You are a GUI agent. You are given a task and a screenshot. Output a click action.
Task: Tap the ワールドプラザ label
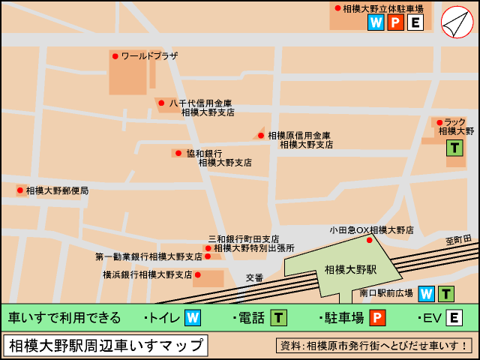(x=149, y=56)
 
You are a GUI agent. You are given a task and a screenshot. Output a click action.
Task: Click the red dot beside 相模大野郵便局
(x=20, y=190)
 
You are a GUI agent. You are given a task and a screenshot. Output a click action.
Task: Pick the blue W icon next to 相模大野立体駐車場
(x=376, y=22)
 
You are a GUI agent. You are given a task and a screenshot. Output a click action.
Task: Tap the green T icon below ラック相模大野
(x=454, y=148)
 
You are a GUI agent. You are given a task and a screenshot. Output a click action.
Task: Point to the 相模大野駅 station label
(x=350, y=268)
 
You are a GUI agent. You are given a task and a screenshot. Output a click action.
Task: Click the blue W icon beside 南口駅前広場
(x=426, y=293)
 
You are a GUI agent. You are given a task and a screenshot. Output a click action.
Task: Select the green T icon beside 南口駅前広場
(x=446, y=293)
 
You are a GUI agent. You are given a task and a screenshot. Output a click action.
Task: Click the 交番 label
(x=255, y=277)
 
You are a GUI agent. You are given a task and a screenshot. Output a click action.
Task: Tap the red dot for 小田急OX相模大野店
(x=369, y=240)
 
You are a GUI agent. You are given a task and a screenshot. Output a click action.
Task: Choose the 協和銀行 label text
(x=204, y=153)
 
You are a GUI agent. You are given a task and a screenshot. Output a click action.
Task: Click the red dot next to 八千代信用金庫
(x=161, y=103)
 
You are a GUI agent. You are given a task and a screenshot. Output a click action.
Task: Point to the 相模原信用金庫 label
(x=299, y=135)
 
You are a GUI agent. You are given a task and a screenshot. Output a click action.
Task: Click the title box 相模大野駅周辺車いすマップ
(x=106, y=346)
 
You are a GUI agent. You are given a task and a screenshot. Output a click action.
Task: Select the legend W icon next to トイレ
(x=193, y=318)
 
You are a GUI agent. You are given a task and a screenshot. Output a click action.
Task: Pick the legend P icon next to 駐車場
(x=377, y=318)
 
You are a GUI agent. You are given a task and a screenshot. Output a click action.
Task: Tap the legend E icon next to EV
(x=454, y=318)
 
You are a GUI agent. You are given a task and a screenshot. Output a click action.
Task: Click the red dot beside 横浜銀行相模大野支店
(x=198, y=274)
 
